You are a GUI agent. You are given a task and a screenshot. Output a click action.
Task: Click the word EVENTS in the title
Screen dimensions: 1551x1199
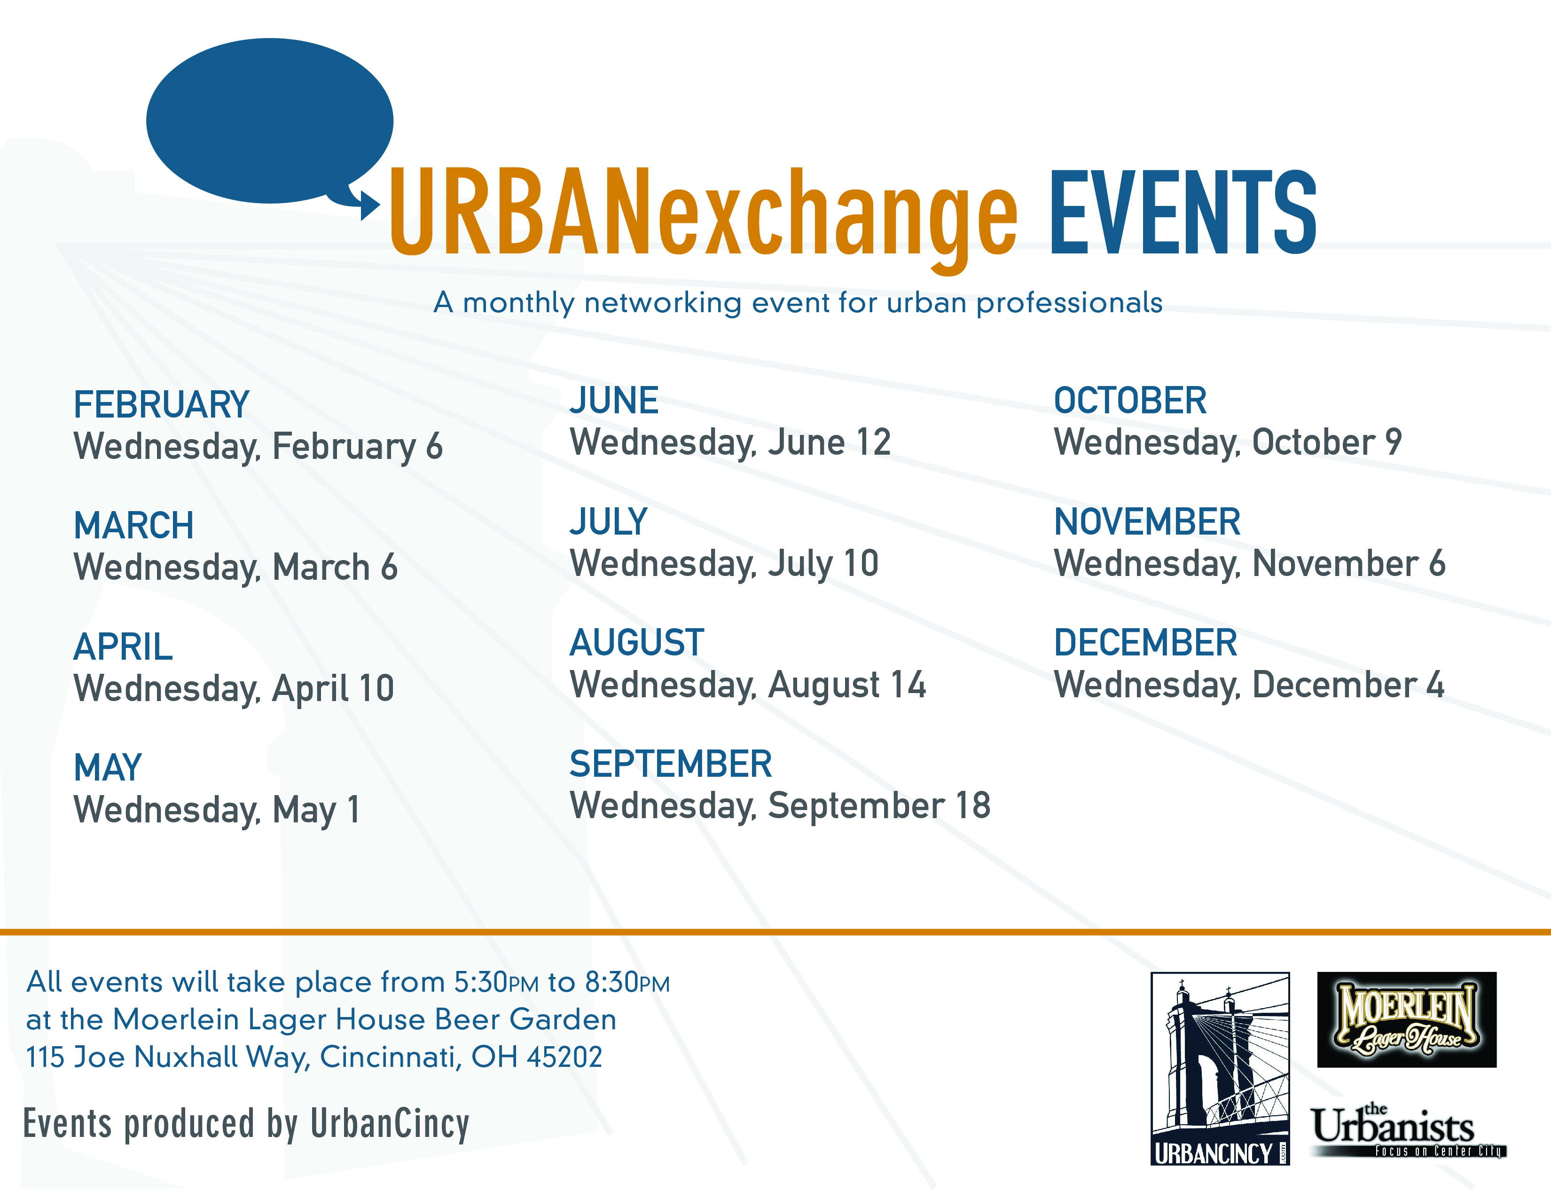click(1183, 213)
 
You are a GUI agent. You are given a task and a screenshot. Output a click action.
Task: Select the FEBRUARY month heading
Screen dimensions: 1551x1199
click(162, 405)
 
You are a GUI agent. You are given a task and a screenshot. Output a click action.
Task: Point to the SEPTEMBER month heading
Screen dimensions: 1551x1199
click(670, 764)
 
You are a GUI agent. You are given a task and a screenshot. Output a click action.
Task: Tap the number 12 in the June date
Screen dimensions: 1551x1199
click(873, 442)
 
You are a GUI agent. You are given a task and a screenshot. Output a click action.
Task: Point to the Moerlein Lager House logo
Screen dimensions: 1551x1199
click(1407, 1019)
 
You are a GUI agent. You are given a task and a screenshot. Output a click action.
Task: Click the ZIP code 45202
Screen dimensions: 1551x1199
click(564, 1057)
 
